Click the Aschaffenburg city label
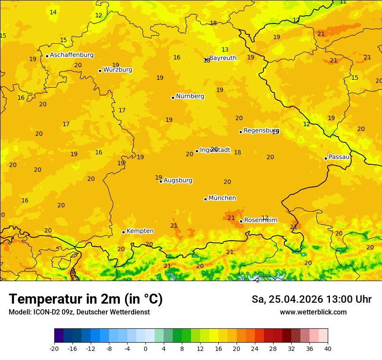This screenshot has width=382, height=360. pyautogui.click(x=72, y=55)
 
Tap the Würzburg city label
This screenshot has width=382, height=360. pyautogui.click(x=118, y=70)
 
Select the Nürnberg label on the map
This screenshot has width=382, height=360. pyautogui.click(x=190, y=96)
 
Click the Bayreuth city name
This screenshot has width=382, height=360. pyautogui.click(x=223, y=58)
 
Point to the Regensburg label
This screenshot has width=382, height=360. pyautogui.click(x=261, y=131)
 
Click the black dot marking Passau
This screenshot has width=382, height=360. pyautogui.click(x=326, y=158)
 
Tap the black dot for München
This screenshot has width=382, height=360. pyautogui.click(x=205, y=199)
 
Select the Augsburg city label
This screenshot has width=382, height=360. pyautogui.click(x=178, y=180)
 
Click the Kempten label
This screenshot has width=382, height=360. pyautogui.click(x=140, y=231)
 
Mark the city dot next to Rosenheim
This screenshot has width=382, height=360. pyautogui.click(x=241, y=221)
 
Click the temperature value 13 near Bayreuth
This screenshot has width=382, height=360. pyautogui.click(x=225, y=50)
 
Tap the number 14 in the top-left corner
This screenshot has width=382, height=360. pyautogui.click(x=53, y=13)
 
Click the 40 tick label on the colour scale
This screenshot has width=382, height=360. pyautogui.click(x=328, y=348)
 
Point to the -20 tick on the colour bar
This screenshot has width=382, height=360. pyautogui.click(x=54, y=348)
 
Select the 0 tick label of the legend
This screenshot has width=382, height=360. pyautogui.click(x=145, y=348)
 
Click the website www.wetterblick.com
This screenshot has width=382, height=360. pyautogui.click(x=313, y=312)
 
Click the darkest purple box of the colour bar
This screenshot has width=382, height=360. pyautogui.click(x=59, y=336)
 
